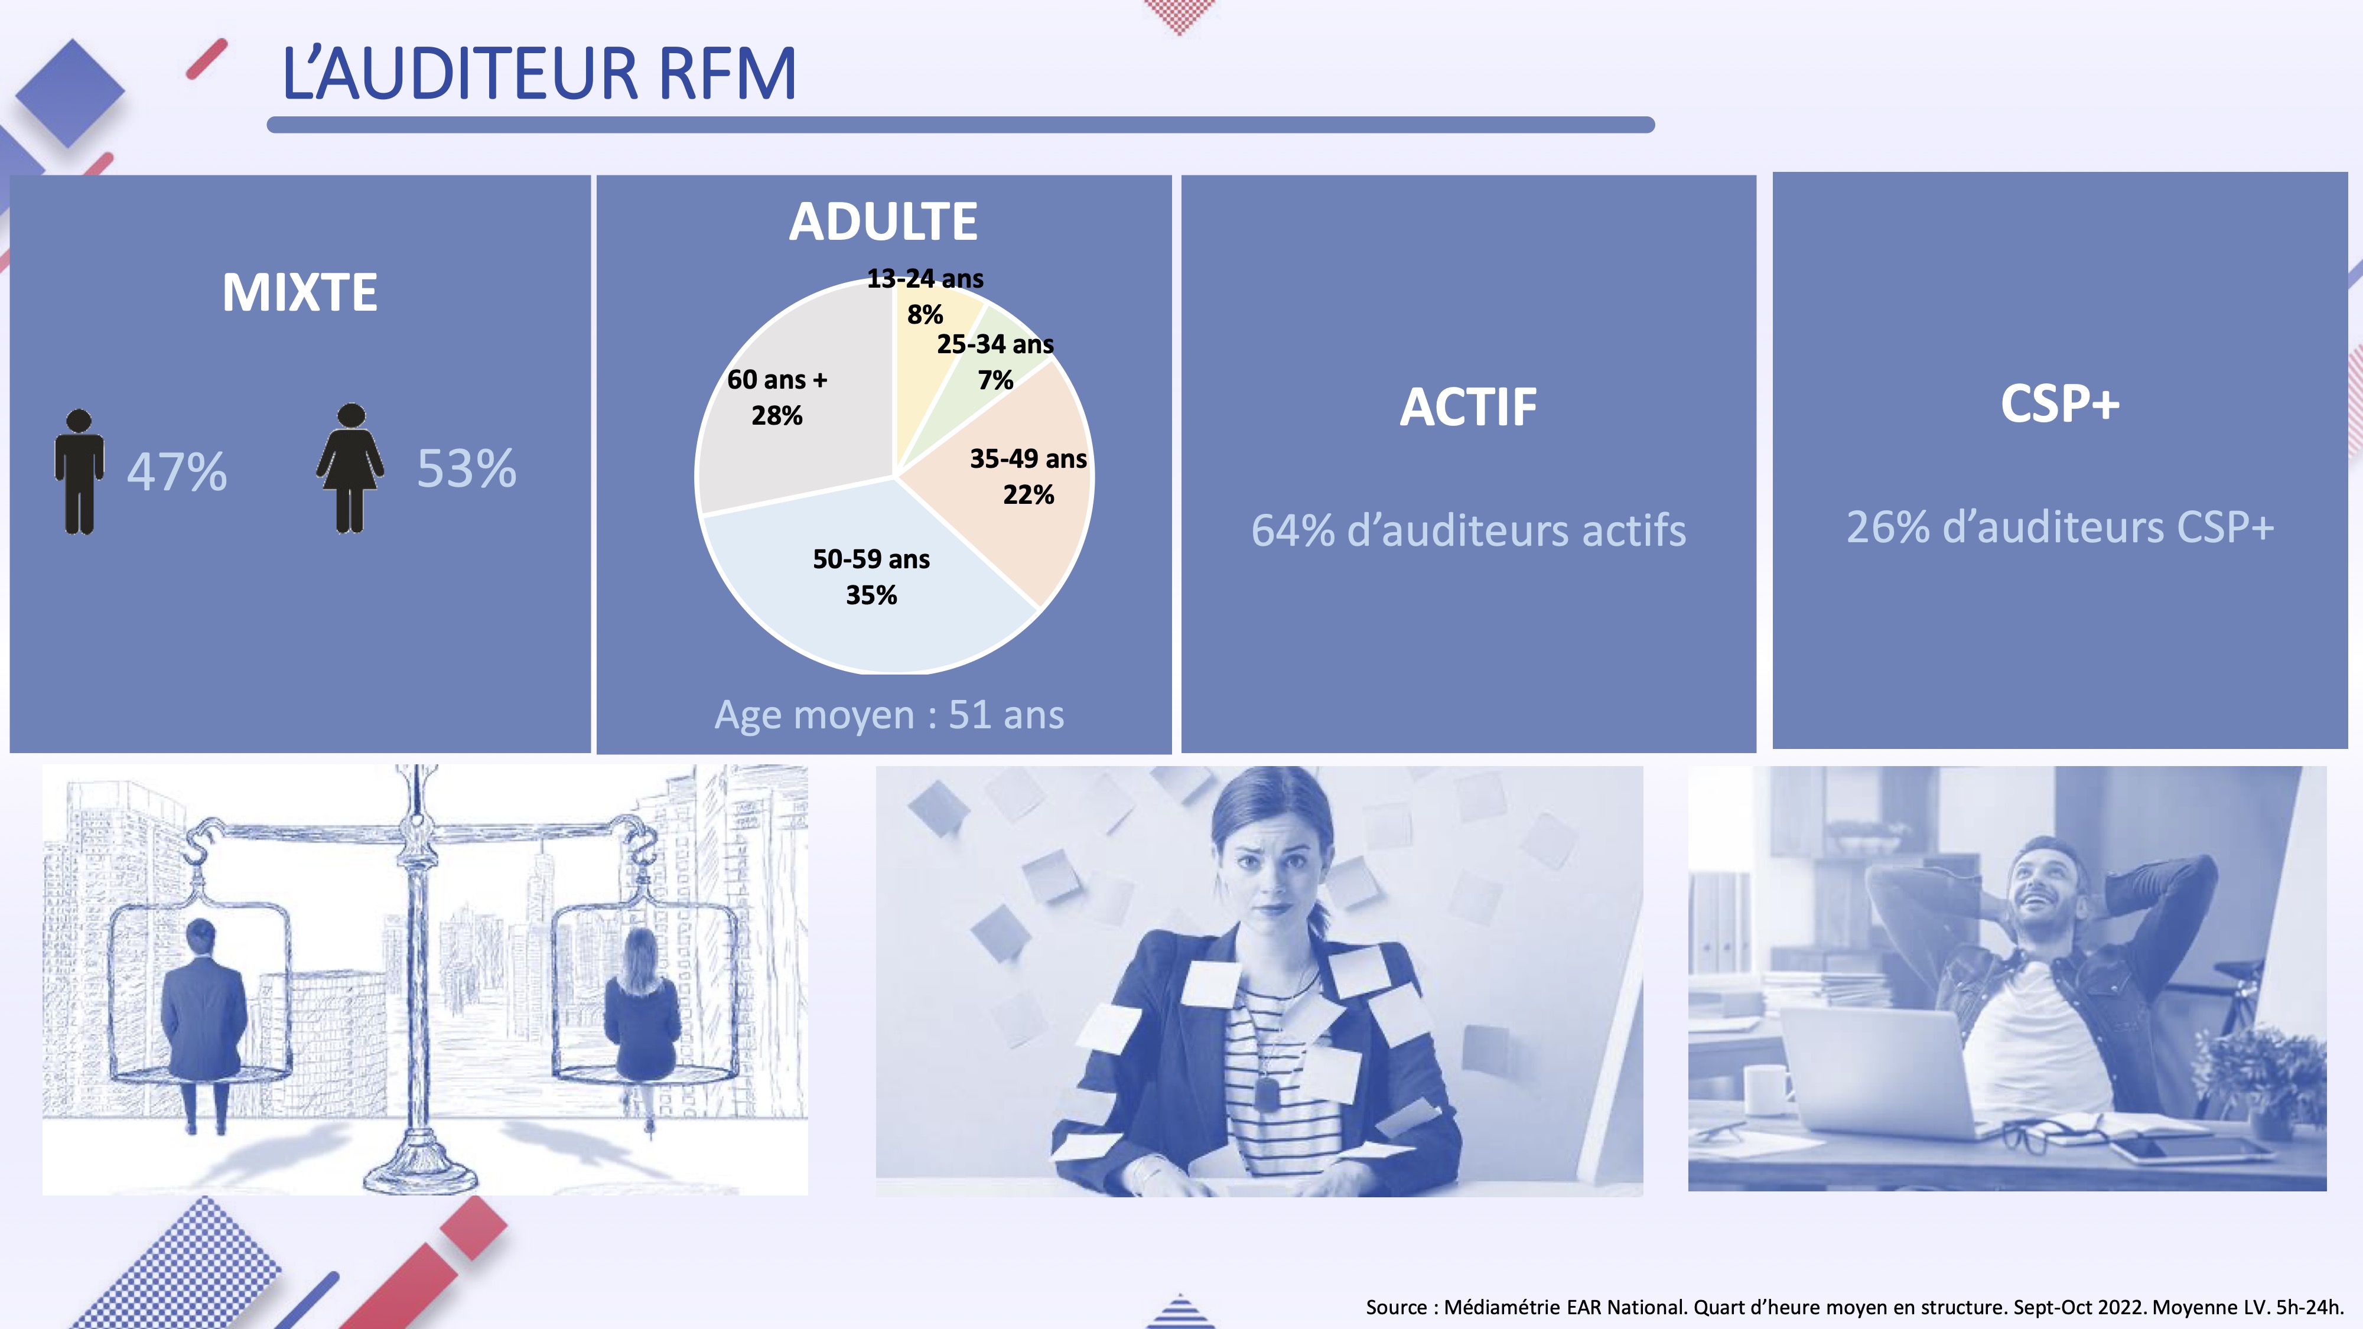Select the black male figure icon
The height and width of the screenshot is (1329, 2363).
(x=79, y=471)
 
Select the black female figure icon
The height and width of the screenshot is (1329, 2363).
(x=350, y=468)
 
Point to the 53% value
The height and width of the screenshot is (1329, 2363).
(x=467, y=468)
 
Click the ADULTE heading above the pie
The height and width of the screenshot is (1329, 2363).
(x=883, y=222)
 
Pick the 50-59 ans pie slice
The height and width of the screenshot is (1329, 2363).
(x=871, y=587)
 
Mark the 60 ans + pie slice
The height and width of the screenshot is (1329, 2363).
(x=789, y=403)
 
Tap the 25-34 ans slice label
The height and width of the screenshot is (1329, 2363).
(x=995, y=361)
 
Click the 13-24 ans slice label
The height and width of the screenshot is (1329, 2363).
(x=925, y=295)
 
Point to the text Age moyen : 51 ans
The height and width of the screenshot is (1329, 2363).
(x=890, y=715)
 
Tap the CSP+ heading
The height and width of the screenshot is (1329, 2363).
(x=2061, y=403)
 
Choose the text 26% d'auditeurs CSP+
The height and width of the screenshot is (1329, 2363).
(x=2061, y=526)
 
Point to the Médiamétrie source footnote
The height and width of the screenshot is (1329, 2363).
(x=1854, y=1307)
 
